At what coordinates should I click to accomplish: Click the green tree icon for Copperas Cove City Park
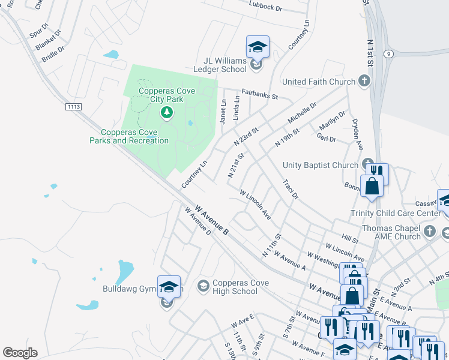click(x=166, y=112)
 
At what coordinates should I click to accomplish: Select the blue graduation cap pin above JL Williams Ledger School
click(x=258, y=47)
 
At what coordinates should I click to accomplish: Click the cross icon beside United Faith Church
click(x=364, y=81)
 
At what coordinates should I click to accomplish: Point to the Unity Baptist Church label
click(x=320, y=165)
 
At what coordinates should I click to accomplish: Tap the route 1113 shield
click(x=73, y=106)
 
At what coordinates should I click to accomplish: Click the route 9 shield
click(x=389, y=53)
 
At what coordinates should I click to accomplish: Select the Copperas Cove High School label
click(x=235, y=287)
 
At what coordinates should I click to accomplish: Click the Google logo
click(x=20, y=353)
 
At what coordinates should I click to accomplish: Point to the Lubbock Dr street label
click(x=265, y=7)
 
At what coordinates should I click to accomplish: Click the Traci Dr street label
click(x=290, y=188)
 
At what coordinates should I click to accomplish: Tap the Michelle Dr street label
click(x=301, y=114)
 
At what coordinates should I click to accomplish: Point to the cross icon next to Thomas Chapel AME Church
click(x=429, y=231)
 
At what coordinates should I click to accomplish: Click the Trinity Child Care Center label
click(x=396, y=213)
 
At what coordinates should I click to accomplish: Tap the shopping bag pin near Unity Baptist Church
click(x=372, y=185)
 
